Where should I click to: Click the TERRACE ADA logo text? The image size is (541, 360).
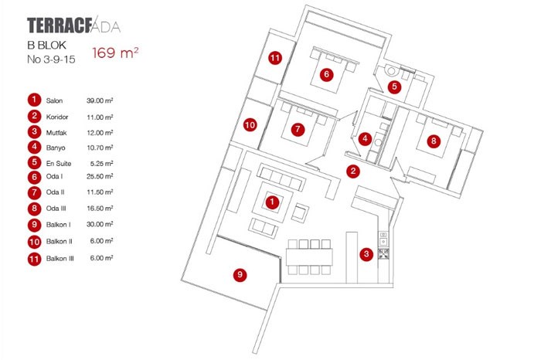tap(73, 25)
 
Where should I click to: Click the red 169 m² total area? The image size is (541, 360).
tap(116, 53)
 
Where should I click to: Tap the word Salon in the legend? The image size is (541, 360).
tap(54, 100)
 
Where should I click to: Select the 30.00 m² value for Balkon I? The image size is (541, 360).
tap(100, 224)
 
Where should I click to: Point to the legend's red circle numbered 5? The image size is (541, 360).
tap(34, 162)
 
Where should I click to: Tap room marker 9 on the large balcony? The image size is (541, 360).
tap(240, 273)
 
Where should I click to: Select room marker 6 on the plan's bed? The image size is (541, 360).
tap(326, 74)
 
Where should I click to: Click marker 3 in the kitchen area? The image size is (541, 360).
tap(367, 253)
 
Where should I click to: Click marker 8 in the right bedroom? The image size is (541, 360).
tap(434, 141)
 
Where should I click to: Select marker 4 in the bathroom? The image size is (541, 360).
tap(365, 140)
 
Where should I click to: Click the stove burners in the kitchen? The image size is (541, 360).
tap(383, 253)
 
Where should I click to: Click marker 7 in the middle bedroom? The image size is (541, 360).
tap(297, 130)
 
